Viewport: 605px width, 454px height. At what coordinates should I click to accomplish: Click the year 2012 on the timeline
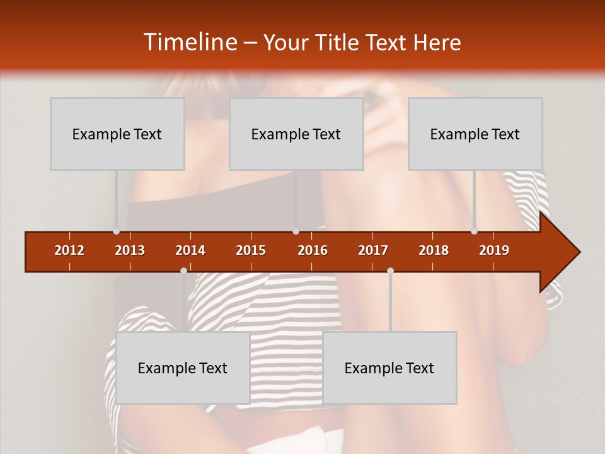pyautogui.click(x=69, y=250)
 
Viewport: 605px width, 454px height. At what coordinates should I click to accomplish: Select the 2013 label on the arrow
pyautogui.click(x=130, y=250)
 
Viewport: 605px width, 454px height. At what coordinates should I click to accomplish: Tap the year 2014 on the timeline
pyautogui.click(x=190, y=250)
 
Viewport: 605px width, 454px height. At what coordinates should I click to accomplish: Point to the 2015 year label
pyautogui.click(x=251, y=250)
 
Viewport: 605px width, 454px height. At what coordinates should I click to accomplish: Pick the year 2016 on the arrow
pyautogui.click(x=313, y=250)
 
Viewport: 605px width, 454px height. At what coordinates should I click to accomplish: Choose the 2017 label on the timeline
pyautogui.click(x=373, y=250)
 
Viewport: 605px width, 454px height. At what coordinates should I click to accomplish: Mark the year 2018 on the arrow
pyautogui.click(x=434, y=250)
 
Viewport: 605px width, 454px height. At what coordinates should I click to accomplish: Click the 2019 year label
pyautogui.click(x=494, y=250)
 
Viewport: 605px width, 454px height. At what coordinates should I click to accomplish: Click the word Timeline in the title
pyautogui.click(x=189, y=42)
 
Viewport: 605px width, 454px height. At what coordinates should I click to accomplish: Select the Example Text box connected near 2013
pyautogui.click(x=117, y=134)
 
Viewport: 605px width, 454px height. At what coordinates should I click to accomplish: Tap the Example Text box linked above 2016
pyautogui.click(x=296, y=134)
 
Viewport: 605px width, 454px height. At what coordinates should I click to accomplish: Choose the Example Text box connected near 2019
pyautogui.click(x=475, y=134)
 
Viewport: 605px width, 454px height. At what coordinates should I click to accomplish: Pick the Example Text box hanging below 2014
pyautogui.click(x=183, y=368)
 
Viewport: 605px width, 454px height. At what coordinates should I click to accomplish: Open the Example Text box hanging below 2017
pyautogui.click(x=389, y=368)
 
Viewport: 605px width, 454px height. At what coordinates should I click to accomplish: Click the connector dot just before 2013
pyautogui.click(x=116, y=231)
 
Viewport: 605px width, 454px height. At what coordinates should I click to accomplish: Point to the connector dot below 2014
pyautogui.click(x=183, y=271)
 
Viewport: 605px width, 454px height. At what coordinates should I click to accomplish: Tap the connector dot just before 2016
pyautogui.click(x=296, y=231)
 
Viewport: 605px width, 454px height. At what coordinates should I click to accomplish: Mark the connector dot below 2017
pyautogui.click(x=390, y=271)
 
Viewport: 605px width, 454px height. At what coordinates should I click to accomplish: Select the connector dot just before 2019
pyautogui.click(x=474, y=231)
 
